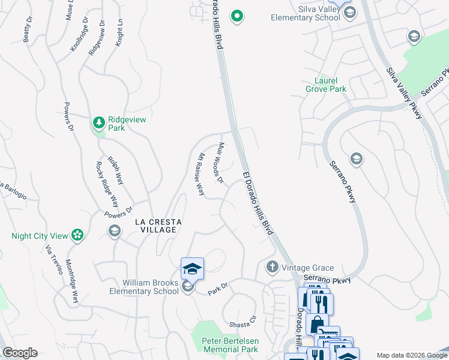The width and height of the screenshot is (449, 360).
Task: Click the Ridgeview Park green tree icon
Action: (x=98, y=123)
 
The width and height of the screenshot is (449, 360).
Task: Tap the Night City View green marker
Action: (x=77, y=235)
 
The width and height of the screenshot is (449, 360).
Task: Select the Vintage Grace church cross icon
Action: (x=272, y=266)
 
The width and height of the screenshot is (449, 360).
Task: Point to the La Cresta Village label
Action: (x=155, y=226)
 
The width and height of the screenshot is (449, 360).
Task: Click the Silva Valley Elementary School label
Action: (x=314, y=13)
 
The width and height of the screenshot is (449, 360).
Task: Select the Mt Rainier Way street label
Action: (x=202, y=174)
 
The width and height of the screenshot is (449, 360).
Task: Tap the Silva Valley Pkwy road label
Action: (x=404, y=93)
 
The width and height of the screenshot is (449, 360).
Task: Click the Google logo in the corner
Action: (x=20, y=353)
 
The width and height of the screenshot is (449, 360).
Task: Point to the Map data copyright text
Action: (x=411, y=355)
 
